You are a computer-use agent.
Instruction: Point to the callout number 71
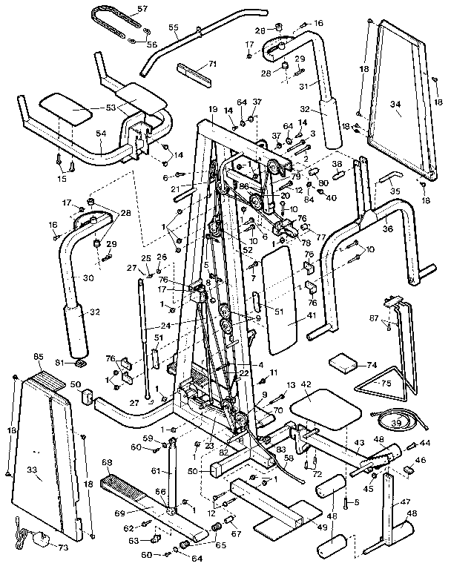[212, 65]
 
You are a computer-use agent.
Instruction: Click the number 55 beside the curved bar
[174, 29]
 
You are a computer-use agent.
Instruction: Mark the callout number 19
[212, 109]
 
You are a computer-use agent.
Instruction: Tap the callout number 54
[101, 134]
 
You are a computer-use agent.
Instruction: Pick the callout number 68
[107, 462]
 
